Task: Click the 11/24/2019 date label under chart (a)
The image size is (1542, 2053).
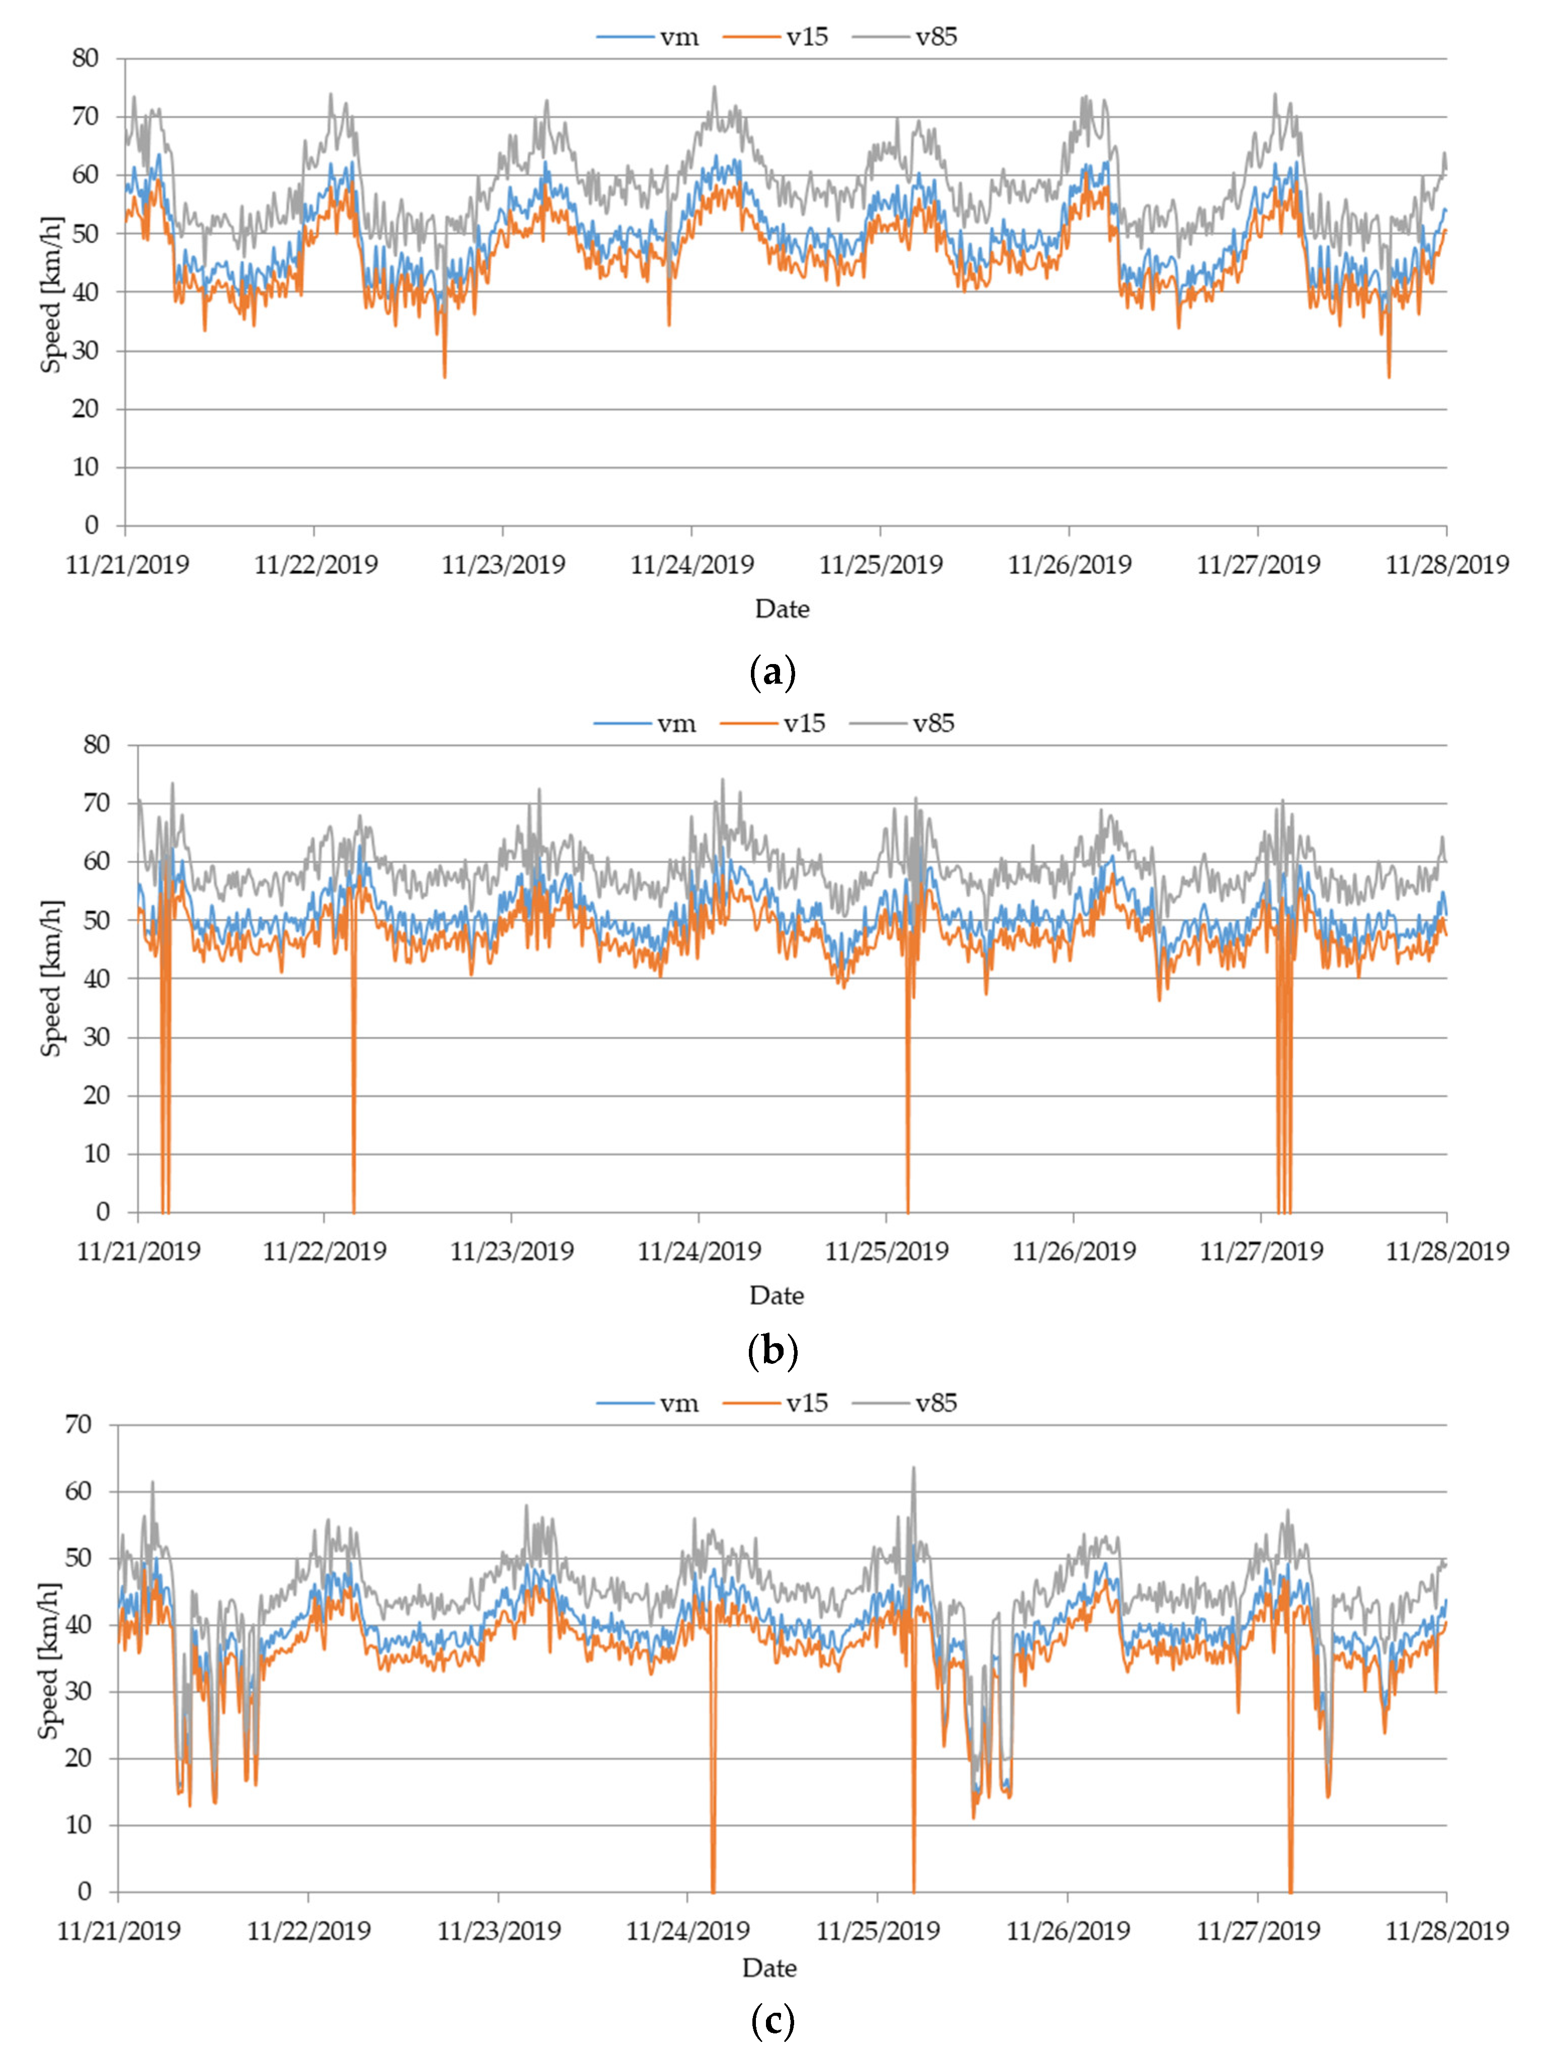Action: tap(692, 564)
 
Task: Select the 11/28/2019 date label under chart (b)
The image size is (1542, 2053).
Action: tap(1446, 1251)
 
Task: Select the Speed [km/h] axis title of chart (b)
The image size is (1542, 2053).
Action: tap(51, 978)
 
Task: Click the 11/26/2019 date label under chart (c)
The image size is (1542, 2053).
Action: tap(1068, 1930)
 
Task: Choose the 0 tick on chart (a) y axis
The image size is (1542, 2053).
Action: tap(91, 525)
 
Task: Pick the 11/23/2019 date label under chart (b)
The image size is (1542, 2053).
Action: tap(511, 1251)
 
